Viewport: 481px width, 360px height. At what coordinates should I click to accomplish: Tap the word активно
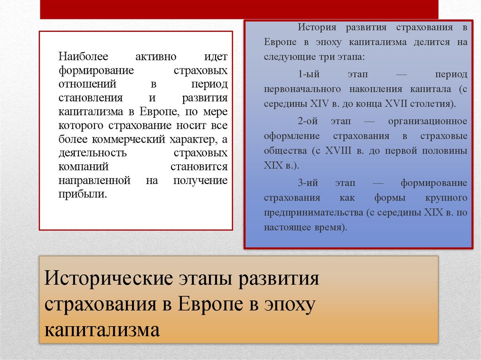pos(156,57)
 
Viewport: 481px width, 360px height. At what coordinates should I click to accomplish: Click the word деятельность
pos(93,153)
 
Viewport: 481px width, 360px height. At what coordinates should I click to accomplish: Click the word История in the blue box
pos(314,27)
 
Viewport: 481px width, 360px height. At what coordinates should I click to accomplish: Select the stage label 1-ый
pos(307,75)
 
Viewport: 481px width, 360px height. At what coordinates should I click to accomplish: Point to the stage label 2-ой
pos(308,122)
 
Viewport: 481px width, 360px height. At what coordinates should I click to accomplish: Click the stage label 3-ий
pos(308,183)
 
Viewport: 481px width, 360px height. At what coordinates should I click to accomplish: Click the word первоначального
pos(301,89)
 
